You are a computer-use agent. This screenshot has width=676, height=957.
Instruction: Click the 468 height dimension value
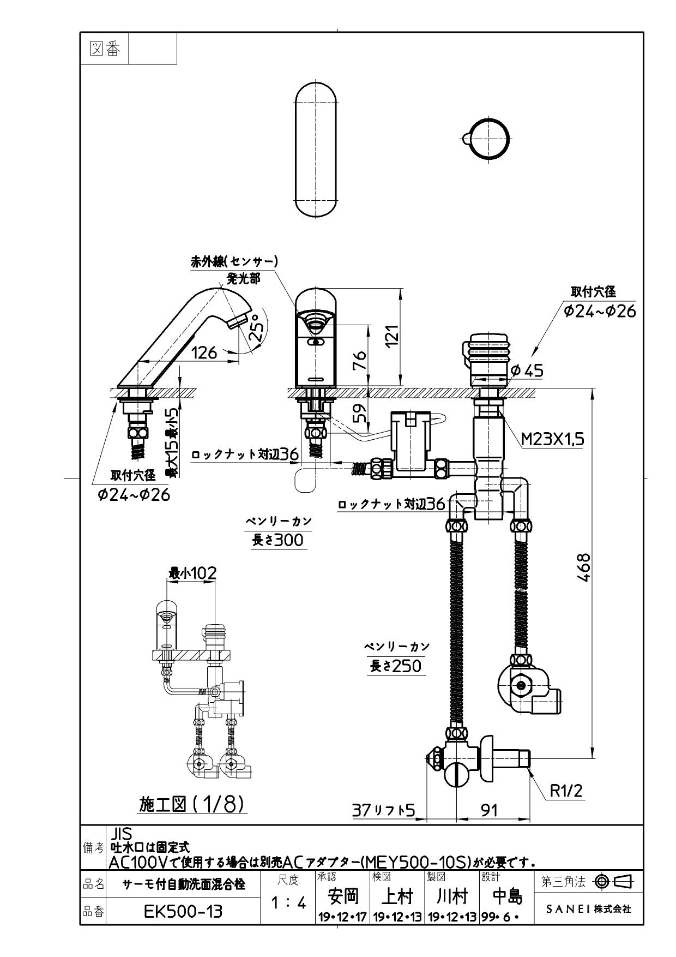[x=583, y=568]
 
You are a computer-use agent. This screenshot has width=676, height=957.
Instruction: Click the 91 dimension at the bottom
[x=490, y=810]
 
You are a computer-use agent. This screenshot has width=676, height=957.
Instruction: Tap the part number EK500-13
[x=183, y=911]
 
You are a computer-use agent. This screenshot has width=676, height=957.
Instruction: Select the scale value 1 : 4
[x=288, y=903]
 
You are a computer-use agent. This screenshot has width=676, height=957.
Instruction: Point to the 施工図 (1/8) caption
[x=191, y=804]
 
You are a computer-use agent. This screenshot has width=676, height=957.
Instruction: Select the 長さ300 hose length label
[x=277, y=540]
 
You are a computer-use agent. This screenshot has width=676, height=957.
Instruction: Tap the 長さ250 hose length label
[x=396, y=666]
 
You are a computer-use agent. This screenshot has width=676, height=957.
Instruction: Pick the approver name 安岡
[x=343, y=895]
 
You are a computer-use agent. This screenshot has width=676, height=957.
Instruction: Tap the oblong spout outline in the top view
[x=316, y=150]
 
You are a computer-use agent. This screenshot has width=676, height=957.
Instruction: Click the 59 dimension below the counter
[x=359, y=415]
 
